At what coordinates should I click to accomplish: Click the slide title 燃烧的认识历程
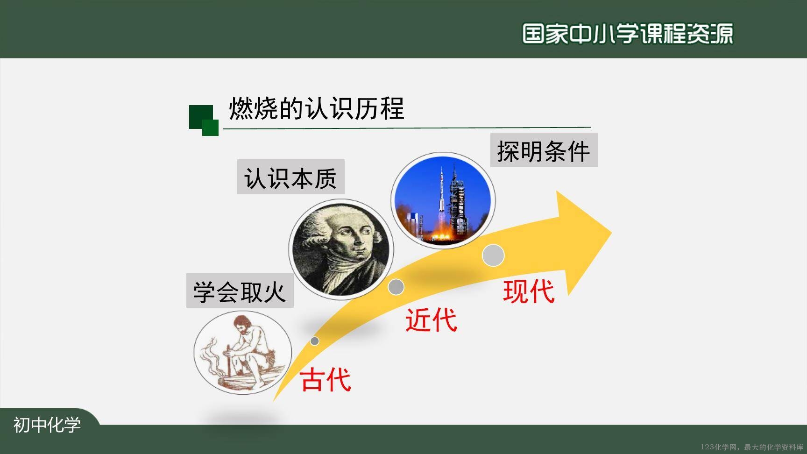316,109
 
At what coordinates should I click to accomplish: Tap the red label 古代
326,379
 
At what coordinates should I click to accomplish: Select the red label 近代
431,320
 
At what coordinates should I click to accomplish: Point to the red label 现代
529,291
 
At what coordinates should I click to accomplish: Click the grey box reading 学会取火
240,291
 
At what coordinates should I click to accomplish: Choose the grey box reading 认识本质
290,177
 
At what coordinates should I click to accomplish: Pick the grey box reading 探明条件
544,150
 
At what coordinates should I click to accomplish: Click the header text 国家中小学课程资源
628,33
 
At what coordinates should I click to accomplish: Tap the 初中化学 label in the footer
47,425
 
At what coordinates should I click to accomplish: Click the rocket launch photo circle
443,200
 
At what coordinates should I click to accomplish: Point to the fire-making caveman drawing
242,352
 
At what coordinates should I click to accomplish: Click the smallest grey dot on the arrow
315,341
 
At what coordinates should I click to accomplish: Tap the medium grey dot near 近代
396,287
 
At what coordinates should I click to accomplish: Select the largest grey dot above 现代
493,255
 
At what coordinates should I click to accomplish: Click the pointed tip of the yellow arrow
612,231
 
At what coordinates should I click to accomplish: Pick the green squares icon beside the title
204,121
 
